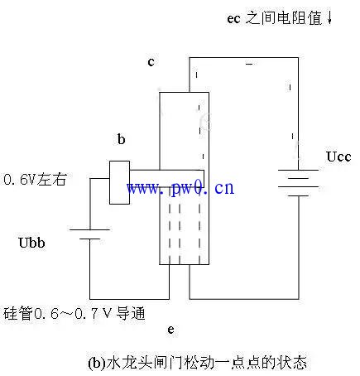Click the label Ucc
point(338,157)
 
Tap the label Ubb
point(31,243)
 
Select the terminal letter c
point(151,62)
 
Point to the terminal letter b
point(121,139)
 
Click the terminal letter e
point(171,330)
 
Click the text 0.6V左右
point(36,179)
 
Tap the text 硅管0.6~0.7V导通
point(74,313)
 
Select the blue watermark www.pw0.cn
point(180,188)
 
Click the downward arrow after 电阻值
point(329,18)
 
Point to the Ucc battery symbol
point(298,183)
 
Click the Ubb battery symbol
point(89,234)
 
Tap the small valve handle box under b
point(119,182)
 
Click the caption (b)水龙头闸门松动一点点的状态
point(198,362)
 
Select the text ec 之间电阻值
point(275,18)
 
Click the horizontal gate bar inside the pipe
point(166,179)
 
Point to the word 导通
point(131,313)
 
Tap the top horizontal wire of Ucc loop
point(243,58)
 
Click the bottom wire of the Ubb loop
point(129,299)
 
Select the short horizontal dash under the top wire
point(249,64)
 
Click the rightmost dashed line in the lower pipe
point(199,226)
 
